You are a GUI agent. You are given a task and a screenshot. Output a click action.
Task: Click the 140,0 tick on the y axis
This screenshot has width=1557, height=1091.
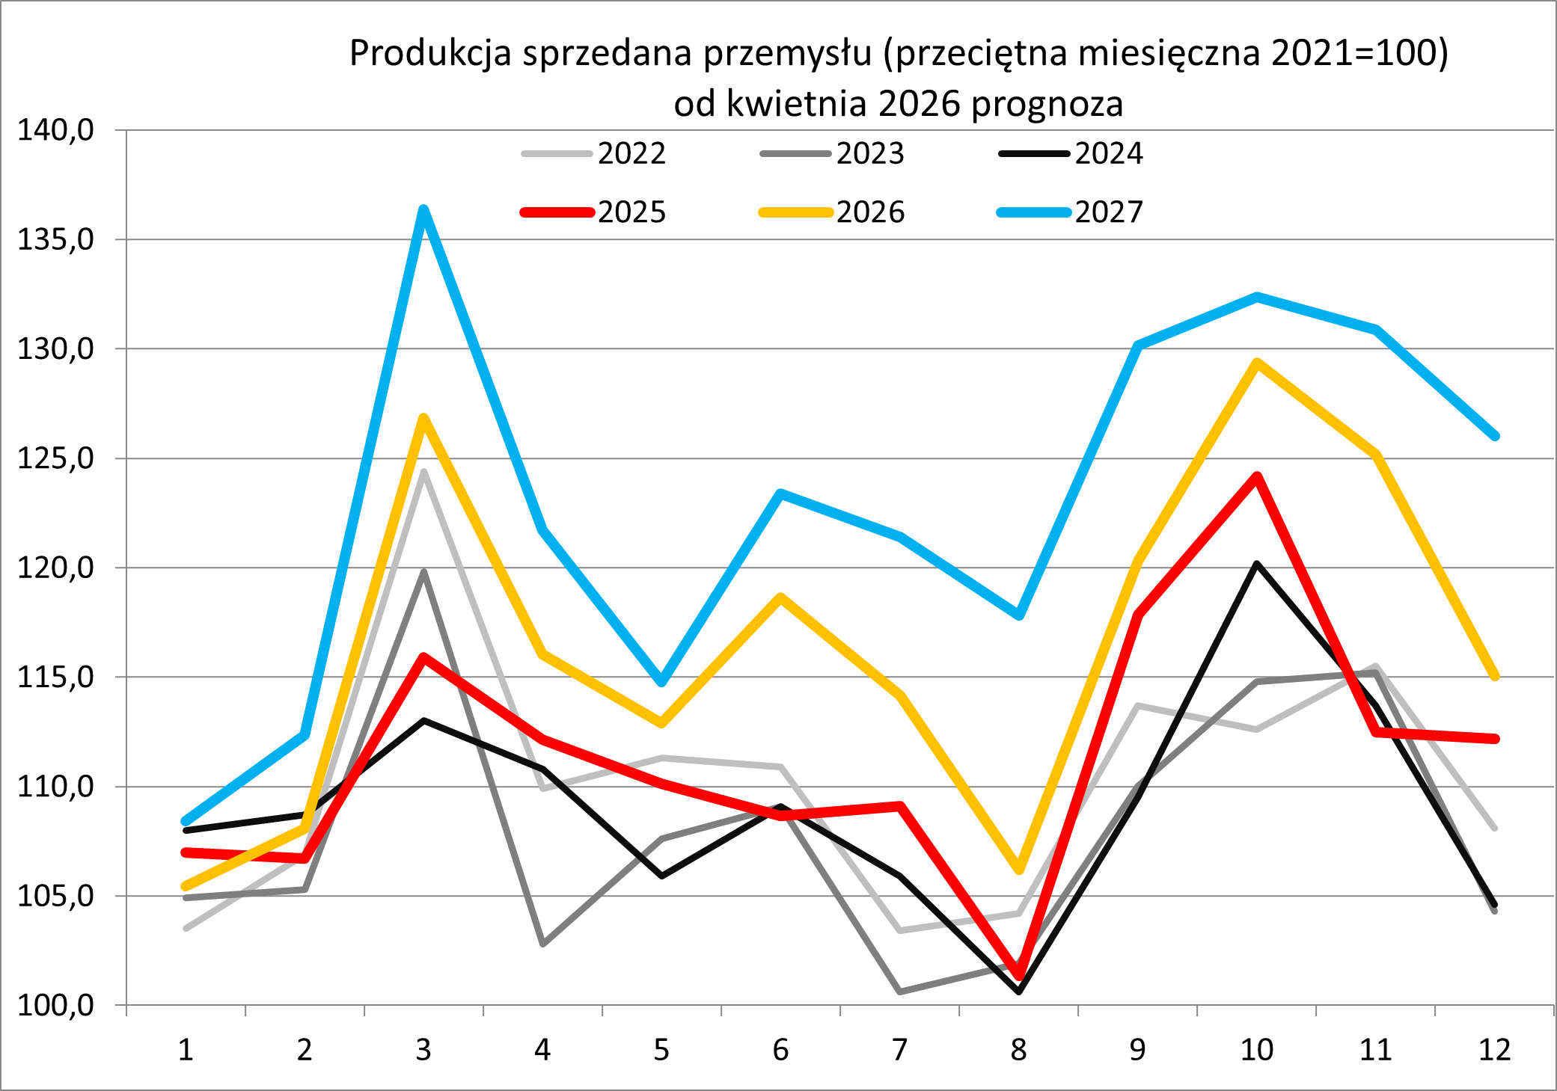(56, 130)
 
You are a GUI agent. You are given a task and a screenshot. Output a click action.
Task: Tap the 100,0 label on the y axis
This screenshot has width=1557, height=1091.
(56, 1005)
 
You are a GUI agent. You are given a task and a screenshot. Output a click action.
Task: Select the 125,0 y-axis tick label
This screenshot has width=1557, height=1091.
(56, 458)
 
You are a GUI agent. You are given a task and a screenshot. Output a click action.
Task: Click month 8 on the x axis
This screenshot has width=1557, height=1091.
(1018, 1050)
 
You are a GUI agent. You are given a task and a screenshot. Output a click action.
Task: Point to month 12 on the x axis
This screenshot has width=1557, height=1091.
(1494, 1050)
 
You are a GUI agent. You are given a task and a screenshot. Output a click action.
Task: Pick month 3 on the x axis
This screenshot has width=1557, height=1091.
(423, 1050)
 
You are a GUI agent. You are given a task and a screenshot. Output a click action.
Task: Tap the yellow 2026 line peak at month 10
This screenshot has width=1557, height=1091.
(1257, 363)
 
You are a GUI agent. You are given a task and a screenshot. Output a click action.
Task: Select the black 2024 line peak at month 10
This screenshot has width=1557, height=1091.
(1257, 564)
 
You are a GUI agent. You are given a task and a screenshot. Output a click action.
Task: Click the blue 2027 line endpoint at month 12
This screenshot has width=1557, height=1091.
(1495, 436)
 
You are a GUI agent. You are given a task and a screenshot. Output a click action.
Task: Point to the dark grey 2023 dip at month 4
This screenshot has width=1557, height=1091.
(542, 944)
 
